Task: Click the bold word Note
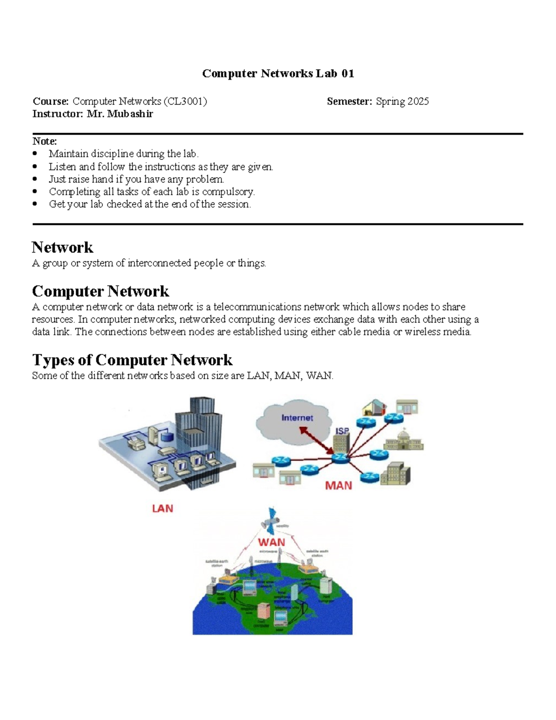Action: click(44, 141)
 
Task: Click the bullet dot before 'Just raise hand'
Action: click(35, 179)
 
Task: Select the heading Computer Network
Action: click(100, 291)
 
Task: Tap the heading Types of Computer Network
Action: click(132, 360)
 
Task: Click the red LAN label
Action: click(162, 509)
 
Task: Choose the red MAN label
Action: click(338, 485)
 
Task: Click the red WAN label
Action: click(272, 542)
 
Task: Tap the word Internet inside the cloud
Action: click(297, 418)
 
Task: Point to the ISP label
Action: click(342, 431)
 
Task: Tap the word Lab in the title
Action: click(326, 74)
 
